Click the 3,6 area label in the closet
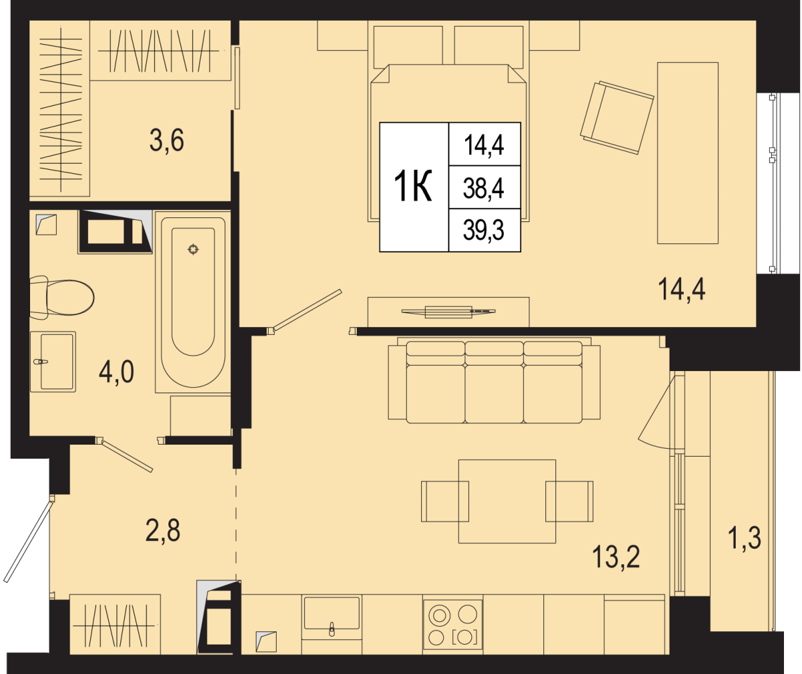[166, 141]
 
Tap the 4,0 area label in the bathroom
[116, 372]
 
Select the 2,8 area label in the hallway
[163, 530]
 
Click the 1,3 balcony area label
[745, 538]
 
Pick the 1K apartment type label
[413, 187]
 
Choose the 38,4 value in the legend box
[484, 189]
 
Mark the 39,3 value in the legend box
[484, 231]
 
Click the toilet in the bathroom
[62, 298]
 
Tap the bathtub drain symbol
[193, 250]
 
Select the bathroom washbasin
[53, 362]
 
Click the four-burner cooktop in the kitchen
[452, 625]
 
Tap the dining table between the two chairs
[507, 501]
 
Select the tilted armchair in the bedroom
[617, 118]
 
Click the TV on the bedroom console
[448, 312]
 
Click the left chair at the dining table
[445, 501]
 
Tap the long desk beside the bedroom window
[688, 153]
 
